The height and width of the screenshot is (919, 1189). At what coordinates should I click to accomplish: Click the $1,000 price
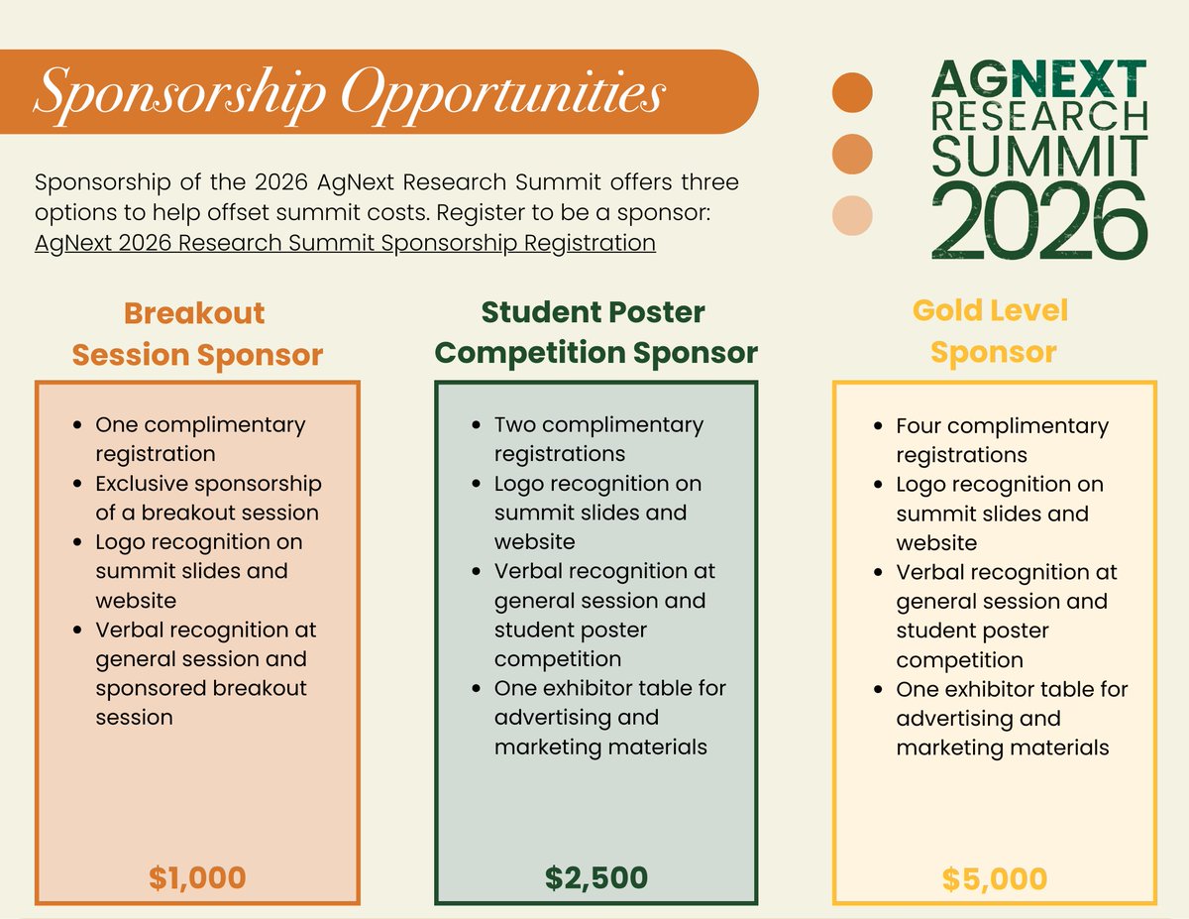coord(197,877)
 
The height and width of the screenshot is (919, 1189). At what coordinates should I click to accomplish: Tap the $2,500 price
coord(596,877)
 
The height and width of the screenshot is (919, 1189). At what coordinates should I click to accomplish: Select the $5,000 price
coord(994,878)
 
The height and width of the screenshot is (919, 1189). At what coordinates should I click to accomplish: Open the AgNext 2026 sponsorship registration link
coord(345,243)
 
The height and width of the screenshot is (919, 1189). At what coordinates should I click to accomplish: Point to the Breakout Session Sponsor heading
coord(197,334)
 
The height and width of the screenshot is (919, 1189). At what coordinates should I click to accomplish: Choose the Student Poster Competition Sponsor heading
coord(596,332)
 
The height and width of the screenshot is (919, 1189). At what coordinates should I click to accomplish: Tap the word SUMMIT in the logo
coord(1038,155)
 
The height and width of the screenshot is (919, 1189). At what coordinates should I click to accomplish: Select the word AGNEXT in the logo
coord(1038,78)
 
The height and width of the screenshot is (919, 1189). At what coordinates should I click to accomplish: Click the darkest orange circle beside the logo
coord(852,92)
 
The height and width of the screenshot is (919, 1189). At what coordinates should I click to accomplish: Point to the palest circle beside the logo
coord(852,216)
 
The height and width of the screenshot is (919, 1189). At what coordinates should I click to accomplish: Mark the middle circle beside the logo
coord(852,154)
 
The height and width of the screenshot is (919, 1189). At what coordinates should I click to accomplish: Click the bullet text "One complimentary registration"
coord(200,439)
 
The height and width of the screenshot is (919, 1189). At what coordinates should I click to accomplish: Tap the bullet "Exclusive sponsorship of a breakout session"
coord(208,498)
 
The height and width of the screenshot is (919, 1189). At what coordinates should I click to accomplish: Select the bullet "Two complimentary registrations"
coord(598,439)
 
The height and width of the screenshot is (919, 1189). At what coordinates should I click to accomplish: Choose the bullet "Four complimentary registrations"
coord(1002,440)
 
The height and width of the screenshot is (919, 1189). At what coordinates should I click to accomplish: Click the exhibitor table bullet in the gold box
coord(1011,718)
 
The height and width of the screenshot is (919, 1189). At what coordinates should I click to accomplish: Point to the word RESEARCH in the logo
coord(1038,115)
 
